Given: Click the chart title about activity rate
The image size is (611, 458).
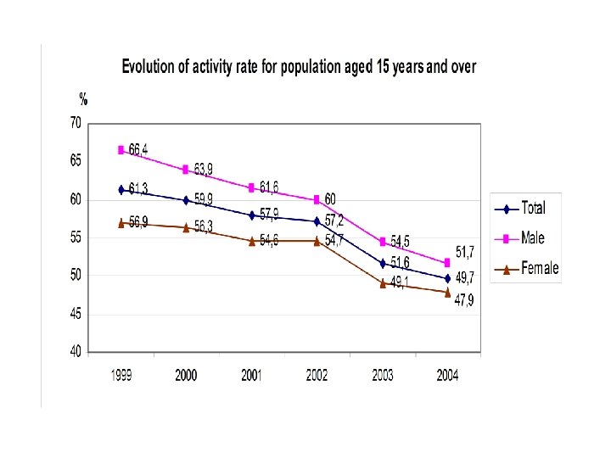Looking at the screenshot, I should pyautogui.click(x=299, y=67).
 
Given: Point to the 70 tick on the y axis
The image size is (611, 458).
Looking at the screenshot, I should pyautogui.click(x=76, y=123).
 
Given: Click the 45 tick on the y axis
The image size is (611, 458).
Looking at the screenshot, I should pyautogui.click(x=76, y=314).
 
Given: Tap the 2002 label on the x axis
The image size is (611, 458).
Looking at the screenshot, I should pyautogui.click(x=317, y=376).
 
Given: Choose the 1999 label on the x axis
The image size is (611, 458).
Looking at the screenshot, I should pyautogui.click(x=121, y=376).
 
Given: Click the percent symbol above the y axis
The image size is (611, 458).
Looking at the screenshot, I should pyautogui.click(x=84, y=99).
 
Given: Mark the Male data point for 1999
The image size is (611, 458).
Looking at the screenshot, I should pyautogui.click(x=121, y=150).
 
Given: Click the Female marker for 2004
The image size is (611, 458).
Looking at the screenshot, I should pyautogui.click(x=447, y=293).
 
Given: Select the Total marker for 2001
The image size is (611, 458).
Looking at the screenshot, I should pyautogui.click(x=251, y=215).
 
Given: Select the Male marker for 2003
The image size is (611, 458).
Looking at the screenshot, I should pyautogui.click(x=382, y=242).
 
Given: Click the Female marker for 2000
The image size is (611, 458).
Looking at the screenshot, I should pyautogui.click(x=186, y=227).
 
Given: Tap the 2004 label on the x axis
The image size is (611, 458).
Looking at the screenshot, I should pyautogui.click(x=447, y=376).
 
